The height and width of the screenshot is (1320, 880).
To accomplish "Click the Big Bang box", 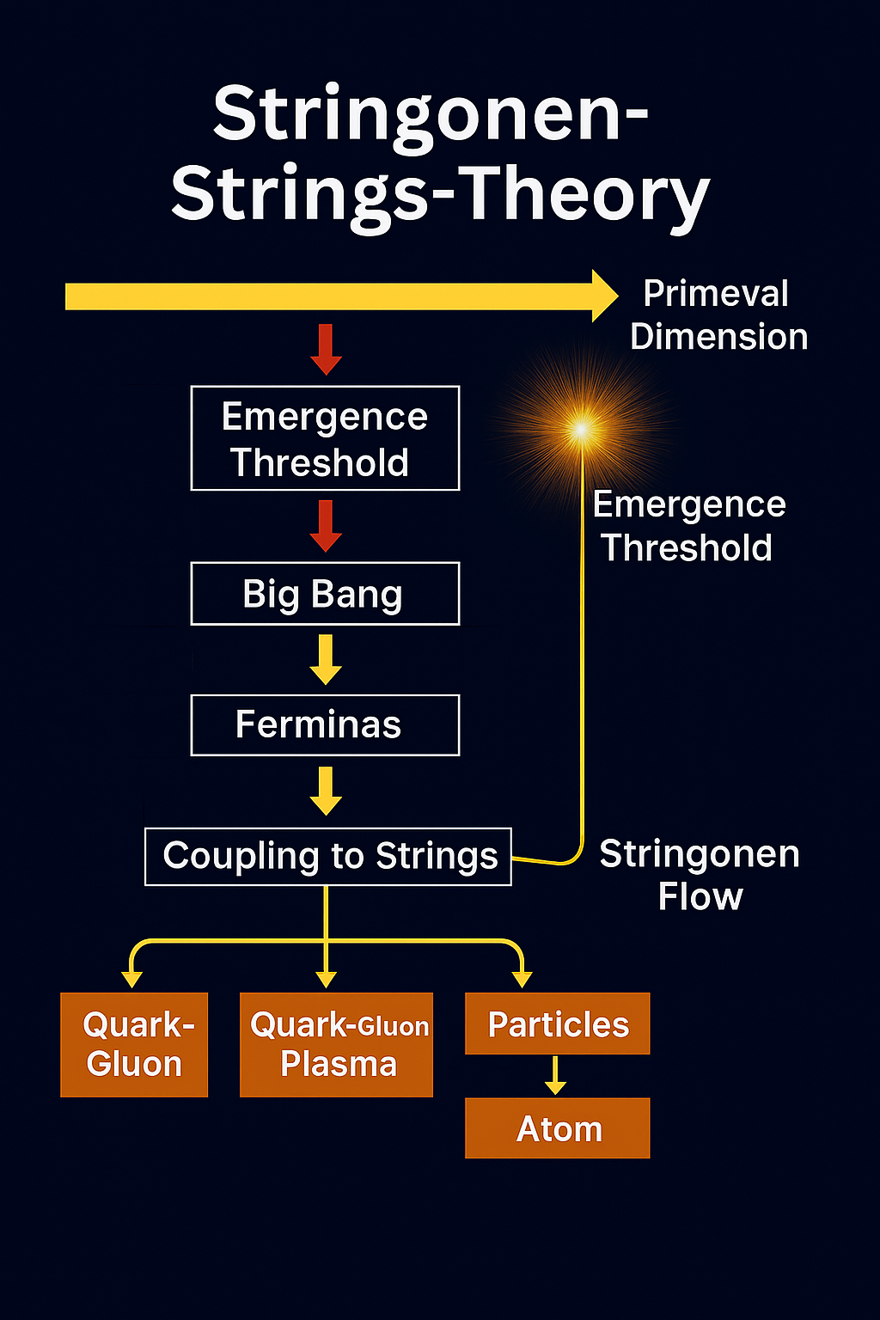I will tap(325, 594).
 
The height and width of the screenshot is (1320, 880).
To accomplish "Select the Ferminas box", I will tap(325, 725).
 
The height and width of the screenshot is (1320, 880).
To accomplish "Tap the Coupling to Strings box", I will tap(328, 857).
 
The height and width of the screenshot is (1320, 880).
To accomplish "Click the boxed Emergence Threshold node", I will tap(325, 438).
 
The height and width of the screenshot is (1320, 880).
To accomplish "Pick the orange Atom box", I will tap(558, 1128).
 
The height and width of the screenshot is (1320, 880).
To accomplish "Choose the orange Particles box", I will tap(558, 1024).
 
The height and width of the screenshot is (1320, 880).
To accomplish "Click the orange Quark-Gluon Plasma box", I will tap(336, 1045).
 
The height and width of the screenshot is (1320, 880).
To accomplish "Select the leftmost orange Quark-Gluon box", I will tap(134, 1045).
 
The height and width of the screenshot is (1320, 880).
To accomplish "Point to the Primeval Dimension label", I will tap(718, 315).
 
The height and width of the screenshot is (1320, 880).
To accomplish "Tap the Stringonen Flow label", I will tap(700, 875).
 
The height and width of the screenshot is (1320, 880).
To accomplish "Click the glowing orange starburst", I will tap(582, 428).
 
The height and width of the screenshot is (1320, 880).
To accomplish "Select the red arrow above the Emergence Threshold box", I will tap(326, 349).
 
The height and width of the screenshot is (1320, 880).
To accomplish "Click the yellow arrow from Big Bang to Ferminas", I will tap(326, 659).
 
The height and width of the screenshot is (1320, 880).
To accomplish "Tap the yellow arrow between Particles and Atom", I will tap(556, 1075).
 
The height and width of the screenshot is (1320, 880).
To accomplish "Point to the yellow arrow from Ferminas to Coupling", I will tap(326, 791).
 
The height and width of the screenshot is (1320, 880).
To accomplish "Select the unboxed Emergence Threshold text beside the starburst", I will tap(688, 526).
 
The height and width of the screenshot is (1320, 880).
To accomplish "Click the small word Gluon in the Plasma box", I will tap(393, 1027).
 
